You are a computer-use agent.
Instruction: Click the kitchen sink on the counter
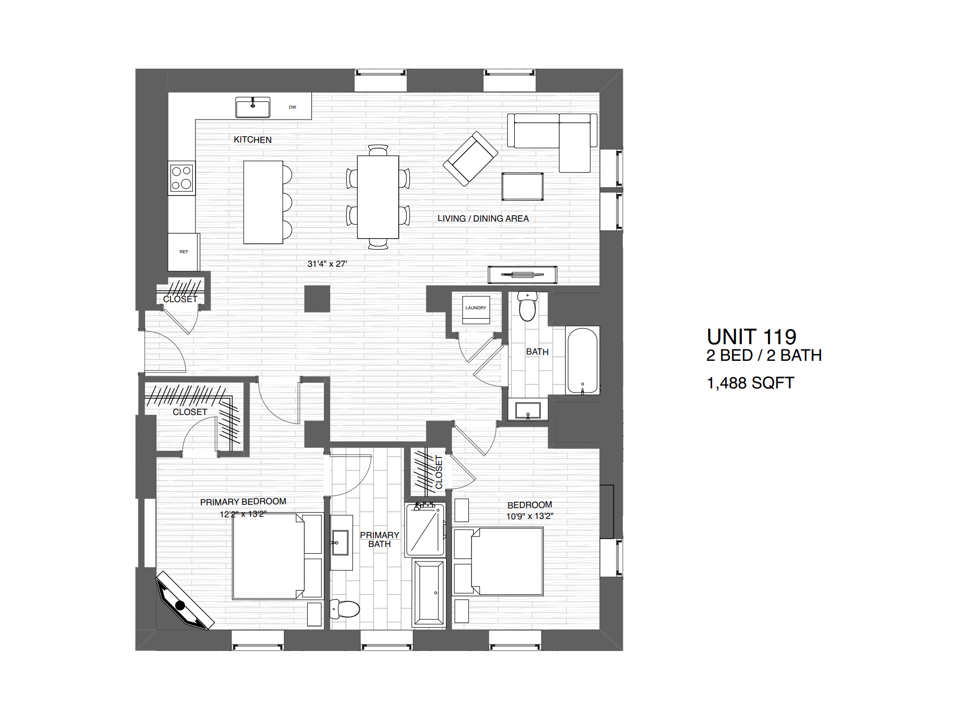pyautogui.click(x=253, y=108)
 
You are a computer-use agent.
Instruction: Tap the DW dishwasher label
pyautogui.click(x=292, y=107)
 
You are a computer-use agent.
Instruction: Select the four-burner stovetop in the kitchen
pyautogui.click(x=181, y=178)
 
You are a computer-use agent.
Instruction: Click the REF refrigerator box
pyautogui.click(x=184, y=252)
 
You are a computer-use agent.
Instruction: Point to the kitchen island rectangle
pyautogui.click(x=263, y=202)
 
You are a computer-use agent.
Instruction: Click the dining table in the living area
pyautogui.click(x=378, y=197)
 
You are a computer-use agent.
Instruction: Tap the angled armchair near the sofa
pyautogui.click(x=470, y=158)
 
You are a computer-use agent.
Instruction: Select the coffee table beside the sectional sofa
pyautogui.click(x=522, y=186)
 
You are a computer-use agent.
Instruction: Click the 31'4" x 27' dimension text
pyautogui.click(x=327, y=264)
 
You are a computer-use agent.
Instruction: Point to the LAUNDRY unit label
pyautogui.click(x=476, y=308)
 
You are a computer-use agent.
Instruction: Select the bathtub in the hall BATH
pyautogui.click(x=582, y=360)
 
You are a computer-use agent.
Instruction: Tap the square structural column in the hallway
pyautogui.click(x=317, y=299)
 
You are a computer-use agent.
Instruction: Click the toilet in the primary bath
pyautogui.click(x=345, y=609)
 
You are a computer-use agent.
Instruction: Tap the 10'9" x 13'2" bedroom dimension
pyautogui.click(x=530, y=516)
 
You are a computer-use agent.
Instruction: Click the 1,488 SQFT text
pyautogui.click(x=750, y=383)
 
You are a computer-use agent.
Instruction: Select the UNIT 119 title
pyautogui.click(x=751, y=337)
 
